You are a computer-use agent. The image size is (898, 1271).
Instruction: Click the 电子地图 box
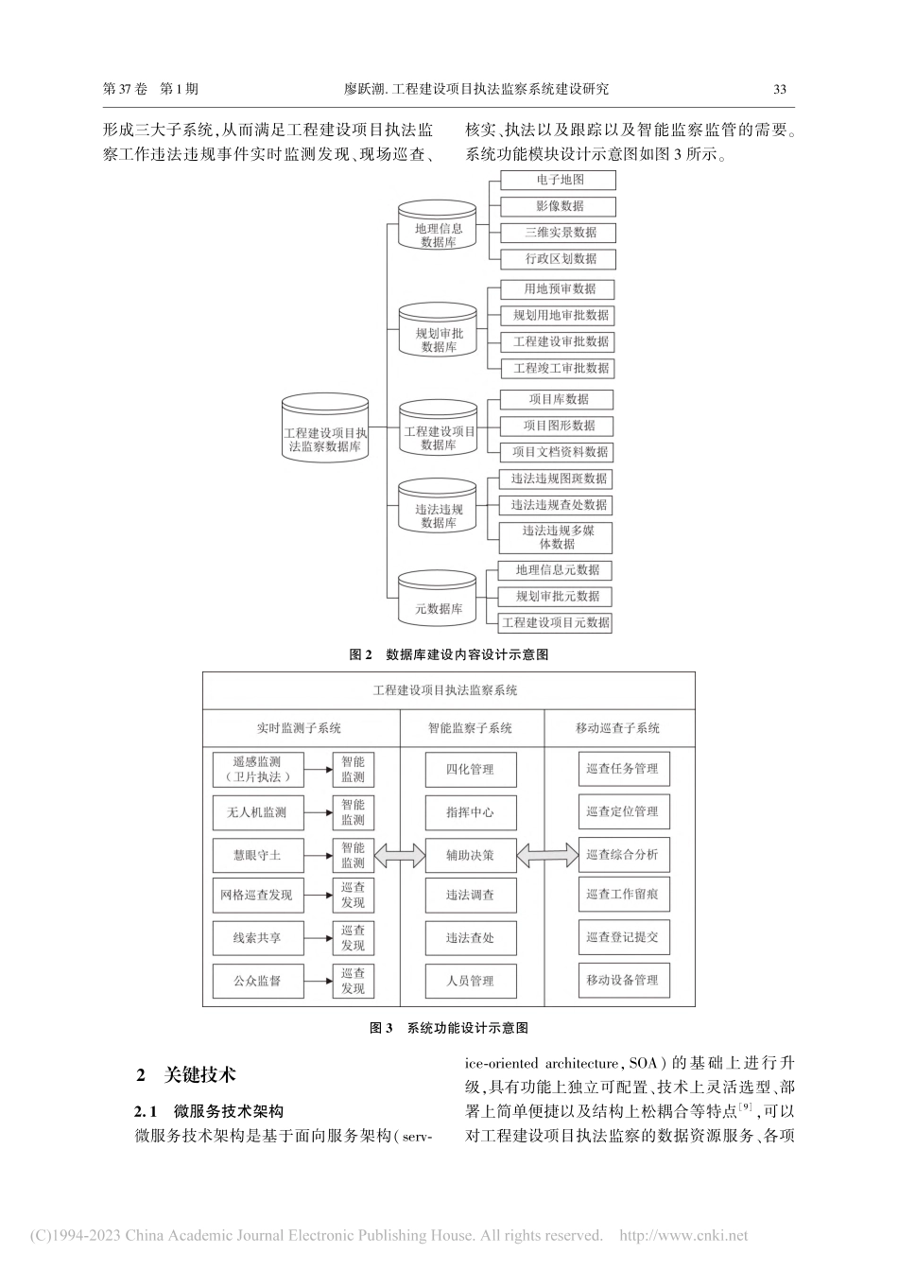558,180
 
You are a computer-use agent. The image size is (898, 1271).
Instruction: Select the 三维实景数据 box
558,233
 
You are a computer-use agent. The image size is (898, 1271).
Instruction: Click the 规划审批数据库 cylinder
438,334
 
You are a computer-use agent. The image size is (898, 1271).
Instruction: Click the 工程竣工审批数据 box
558,368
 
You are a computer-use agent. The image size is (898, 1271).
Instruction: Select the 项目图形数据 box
558,426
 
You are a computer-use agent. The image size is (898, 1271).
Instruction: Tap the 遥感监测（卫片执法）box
258,769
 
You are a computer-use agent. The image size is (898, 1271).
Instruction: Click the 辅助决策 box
470,855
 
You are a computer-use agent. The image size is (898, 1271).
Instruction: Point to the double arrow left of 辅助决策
400,856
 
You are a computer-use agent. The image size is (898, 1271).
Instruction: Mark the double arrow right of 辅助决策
547,856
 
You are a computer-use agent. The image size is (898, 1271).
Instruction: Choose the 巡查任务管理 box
622,769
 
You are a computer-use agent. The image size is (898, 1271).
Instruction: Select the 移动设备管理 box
622,980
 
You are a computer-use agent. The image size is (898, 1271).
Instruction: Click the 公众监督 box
258,981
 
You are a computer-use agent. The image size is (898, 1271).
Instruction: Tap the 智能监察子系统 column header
470,728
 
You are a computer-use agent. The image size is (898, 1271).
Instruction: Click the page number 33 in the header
780,90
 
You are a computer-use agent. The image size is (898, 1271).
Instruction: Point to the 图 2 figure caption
449,654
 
